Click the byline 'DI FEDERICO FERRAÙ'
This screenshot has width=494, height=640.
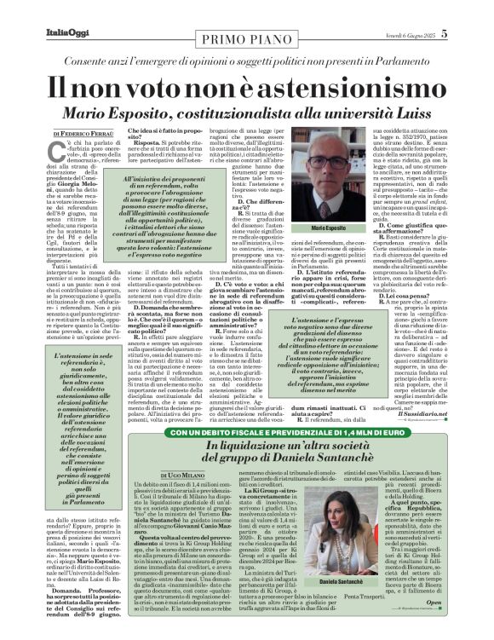(x=86, y=135)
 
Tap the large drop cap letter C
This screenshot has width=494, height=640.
(x=59, y=154)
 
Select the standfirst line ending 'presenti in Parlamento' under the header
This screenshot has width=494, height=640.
(x=247, y=62)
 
